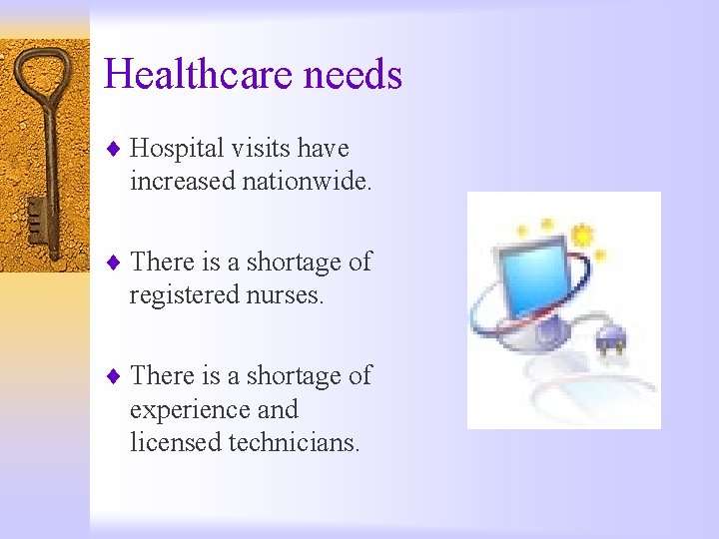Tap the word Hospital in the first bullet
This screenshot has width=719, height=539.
[x=177, y=150]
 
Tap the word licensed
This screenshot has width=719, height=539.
[x=176, y=442]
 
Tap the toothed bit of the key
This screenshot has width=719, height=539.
[x=35, y=220]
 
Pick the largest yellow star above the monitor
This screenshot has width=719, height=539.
[x=581, y=236]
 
